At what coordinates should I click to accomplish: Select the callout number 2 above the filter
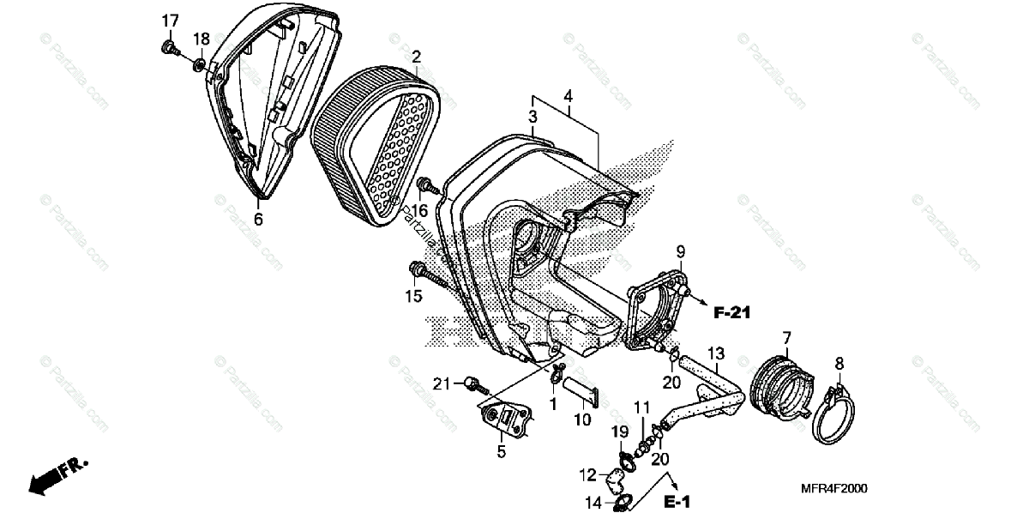[x=416, y=57]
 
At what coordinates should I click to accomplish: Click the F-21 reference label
[x=731, y=313]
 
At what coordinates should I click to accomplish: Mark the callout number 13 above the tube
[x=716, y=353]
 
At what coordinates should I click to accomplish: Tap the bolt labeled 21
[x=472, y=383]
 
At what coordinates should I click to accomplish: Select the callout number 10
[x=582, y=419]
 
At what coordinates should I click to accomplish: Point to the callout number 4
[x=568, y=96]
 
